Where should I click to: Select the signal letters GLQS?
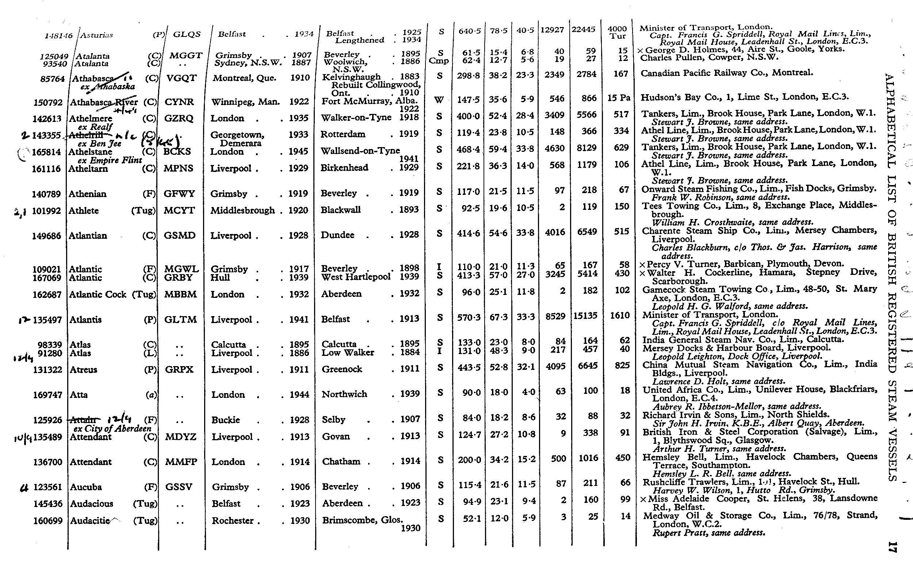point(187,34)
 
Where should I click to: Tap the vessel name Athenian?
point(87,194)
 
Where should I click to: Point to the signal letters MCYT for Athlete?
point(179,210)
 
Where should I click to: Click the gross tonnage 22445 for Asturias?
point(583,29)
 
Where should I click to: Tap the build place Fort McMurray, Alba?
point(369,101)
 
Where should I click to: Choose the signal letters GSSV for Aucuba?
point(179,487)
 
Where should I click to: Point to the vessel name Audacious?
point(91,504)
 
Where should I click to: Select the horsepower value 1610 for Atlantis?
point(619,315)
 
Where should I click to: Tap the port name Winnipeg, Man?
point(245,102)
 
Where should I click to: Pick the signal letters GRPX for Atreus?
point(179,370)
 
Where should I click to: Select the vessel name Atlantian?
point(88,236)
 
